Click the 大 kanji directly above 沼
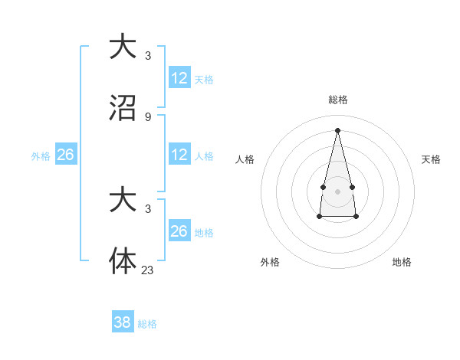[123, 46]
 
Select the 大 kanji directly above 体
[123, 200]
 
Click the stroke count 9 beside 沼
[147, 117]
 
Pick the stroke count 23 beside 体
[147, 270]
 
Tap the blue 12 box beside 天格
[179, 78]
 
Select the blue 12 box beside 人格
[179, 155]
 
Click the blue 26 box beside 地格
[179, 231]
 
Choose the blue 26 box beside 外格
[65, 155]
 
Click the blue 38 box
[122, 322]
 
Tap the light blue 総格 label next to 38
[147, 324]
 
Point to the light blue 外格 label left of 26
[41, 155]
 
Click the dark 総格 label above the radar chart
[337, 100]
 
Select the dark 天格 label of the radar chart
[431, 159]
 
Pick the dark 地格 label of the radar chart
[402, 262]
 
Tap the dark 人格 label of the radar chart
[245, 159]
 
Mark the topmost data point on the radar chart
[337, 129]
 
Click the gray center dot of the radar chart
[337, 190]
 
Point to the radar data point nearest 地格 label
[356, 217]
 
